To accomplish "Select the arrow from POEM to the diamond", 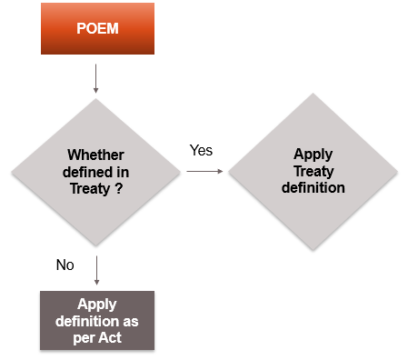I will coord(95,76).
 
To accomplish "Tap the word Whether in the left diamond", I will coord(95,155).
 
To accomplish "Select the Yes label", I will coord(201,150).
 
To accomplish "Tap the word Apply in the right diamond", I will coord(312,155).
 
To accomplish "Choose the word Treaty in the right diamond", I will coord(312,171).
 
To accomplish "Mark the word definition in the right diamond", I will coord(312,187).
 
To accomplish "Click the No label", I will coord(65,265).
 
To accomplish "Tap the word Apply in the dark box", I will coord(95,304).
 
